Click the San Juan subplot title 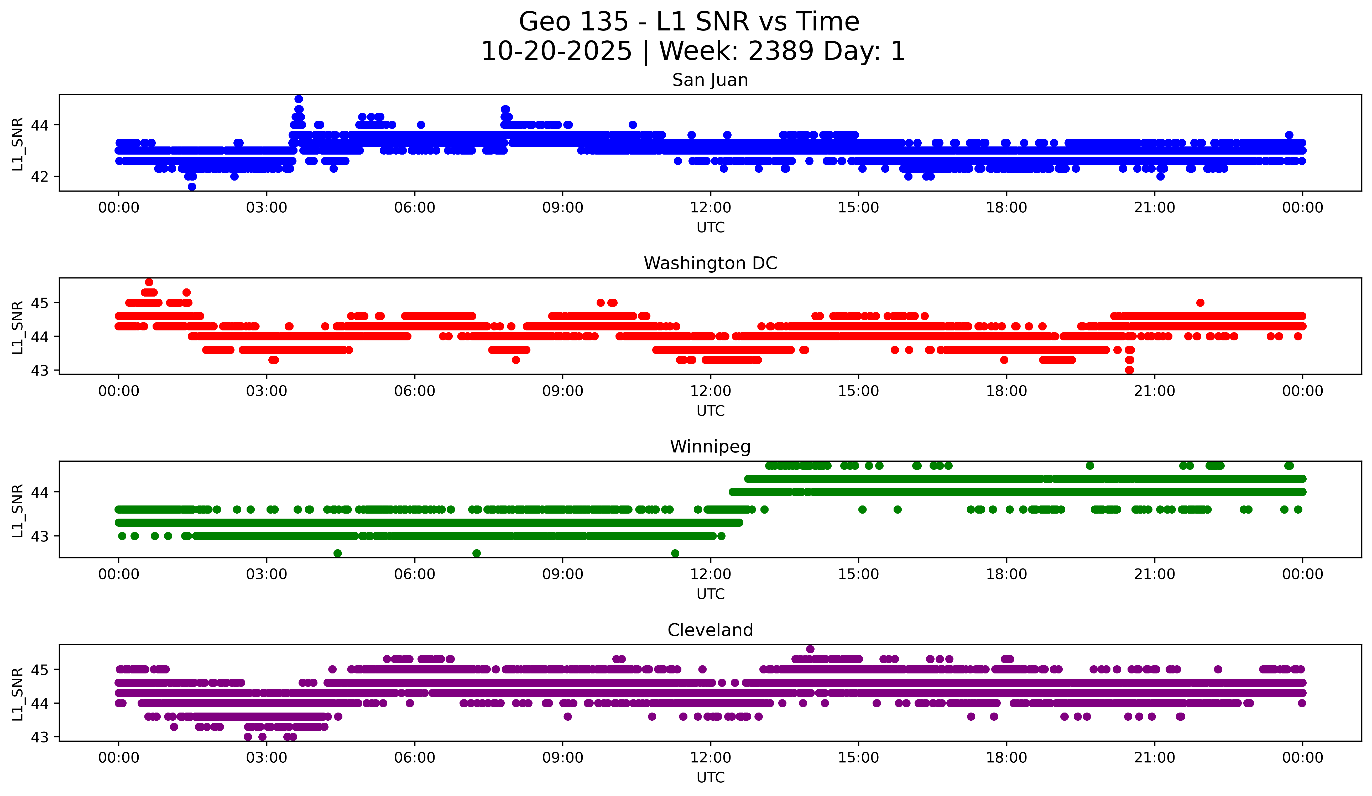coord(710,80)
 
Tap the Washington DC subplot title coord(710,263)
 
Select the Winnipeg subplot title coord(710,447)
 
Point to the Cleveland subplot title coord(710,630)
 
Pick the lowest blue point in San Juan coord(192,187)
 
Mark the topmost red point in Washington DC coord(149,282)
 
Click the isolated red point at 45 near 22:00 coord(1200,303)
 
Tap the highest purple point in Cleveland coord(810,649)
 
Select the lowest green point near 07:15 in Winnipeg coord(476,553)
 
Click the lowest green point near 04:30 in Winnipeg coord(338,553)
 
